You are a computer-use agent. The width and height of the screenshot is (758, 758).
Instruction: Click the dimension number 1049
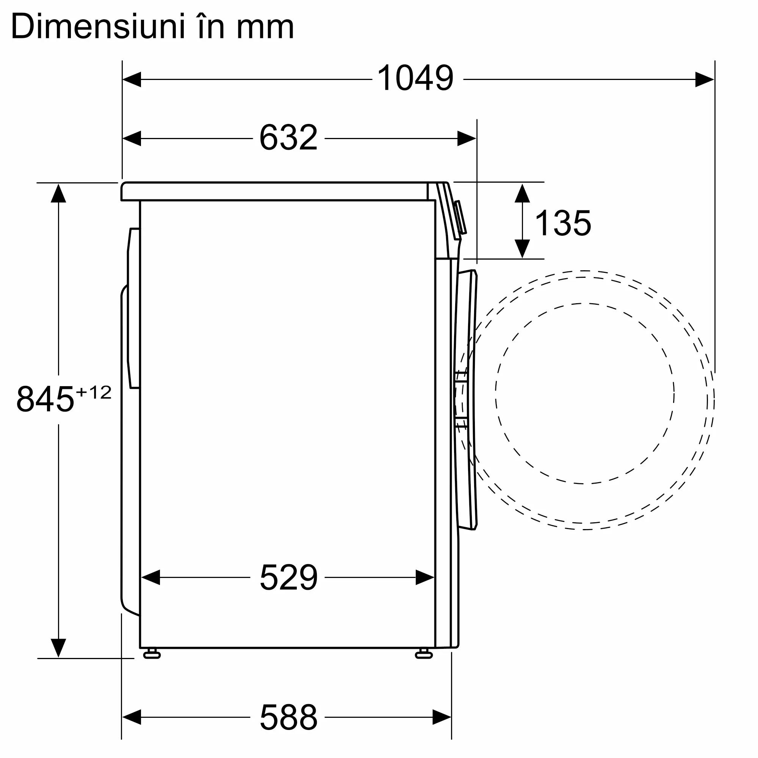click(x=415, y=78)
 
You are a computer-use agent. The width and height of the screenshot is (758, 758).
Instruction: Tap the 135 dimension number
click(x=562, y=223)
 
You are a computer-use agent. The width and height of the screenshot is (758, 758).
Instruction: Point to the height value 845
click(x=45, y=399)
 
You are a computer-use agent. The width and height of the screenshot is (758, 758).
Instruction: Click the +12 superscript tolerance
click(x=94, y=392)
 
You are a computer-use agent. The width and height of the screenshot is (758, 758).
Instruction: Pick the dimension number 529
click(x=288, y=578)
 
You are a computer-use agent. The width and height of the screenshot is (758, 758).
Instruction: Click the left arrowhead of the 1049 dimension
click(x=132, y=79)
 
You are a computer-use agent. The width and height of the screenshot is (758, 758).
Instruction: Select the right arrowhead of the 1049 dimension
click(x=704, y=79)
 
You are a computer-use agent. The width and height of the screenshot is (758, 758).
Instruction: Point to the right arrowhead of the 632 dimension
click(x=467, y=138)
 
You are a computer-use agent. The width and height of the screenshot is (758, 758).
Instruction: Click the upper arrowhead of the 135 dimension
click(x=522, y=193)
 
